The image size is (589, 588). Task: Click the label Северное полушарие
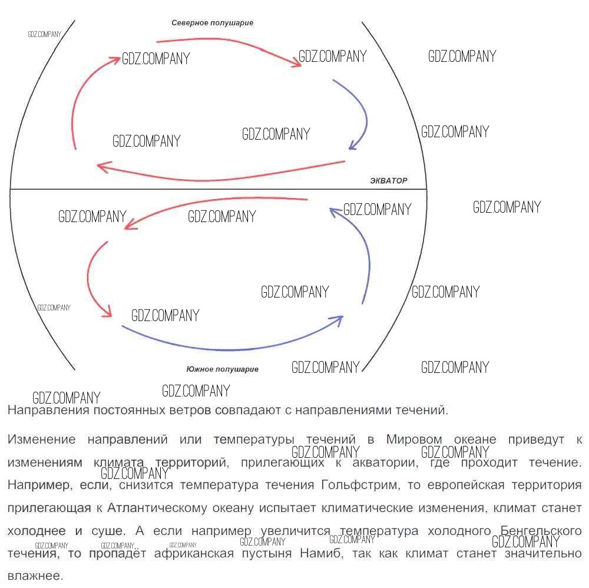212,23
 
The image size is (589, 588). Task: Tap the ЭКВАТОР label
388,180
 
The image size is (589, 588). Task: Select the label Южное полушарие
222,369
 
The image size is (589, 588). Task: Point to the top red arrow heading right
230,44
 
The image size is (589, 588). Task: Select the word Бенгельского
541,531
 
